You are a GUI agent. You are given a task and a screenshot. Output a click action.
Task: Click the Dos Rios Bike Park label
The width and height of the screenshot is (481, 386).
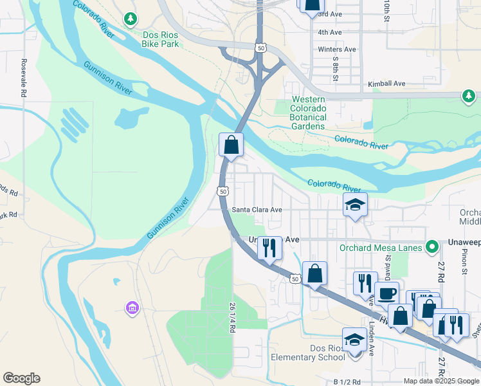click(152, 39)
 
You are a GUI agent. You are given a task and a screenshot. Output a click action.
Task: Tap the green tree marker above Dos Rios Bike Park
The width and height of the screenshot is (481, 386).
click(131, 19)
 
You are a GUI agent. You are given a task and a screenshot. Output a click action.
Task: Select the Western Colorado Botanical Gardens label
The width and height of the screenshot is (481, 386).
click(309, 113)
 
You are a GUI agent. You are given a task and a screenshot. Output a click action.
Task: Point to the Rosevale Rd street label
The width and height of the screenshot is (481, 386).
click(23, 78)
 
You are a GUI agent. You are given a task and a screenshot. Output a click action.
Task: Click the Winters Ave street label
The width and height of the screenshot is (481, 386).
click(336, 50)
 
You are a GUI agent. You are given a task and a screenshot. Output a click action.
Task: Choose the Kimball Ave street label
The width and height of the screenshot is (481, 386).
click(386, 84)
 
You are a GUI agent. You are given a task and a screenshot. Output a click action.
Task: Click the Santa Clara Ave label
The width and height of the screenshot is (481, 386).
click(257, 210)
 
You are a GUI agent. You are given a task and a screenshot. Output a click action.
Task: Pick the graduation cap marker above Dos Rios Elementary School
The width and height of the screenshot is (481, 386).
click(354, 339)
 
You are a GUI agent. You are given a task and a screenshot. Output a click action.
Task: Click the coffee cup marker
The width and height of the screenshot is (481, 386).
click(386, 293)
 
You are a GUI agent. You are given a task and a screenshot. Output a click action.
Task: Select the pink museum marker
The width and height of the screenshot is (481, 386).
click(133, 309)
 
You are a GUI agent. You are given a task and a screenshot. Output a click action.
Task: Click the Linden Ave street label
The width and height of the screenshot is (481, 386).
click(372, 341)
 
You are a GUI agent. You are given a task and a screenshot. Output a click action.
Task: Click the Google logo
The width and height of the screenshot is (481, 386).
click(22, 378)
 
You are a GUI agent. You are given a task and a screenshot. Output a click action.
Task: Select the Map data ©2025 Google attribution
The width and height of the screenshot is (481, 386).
click(440, 381)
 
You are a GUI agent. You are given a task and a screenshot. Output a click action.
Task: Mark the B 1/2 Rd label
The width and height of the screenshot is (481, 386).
click(347, 381)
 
